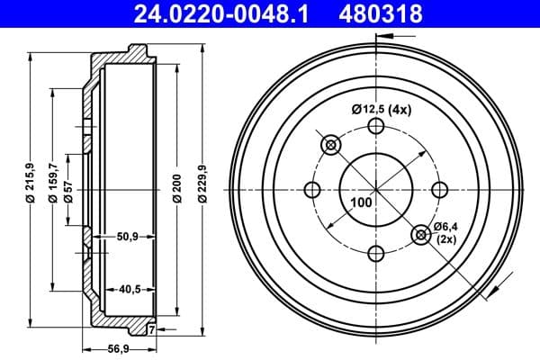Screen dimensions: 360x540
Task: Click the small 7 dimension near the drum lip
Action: [151, 329]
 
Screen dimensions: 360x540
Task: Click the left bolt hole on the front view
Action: [313, 190]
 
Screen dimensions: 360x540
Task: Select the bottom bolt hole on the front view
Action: [376, 253]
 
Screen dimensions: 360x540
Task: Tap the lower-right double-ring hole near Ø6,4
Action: [420, 235]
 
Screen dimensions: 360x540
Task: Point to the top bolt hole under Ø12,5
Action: [376, 127]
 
